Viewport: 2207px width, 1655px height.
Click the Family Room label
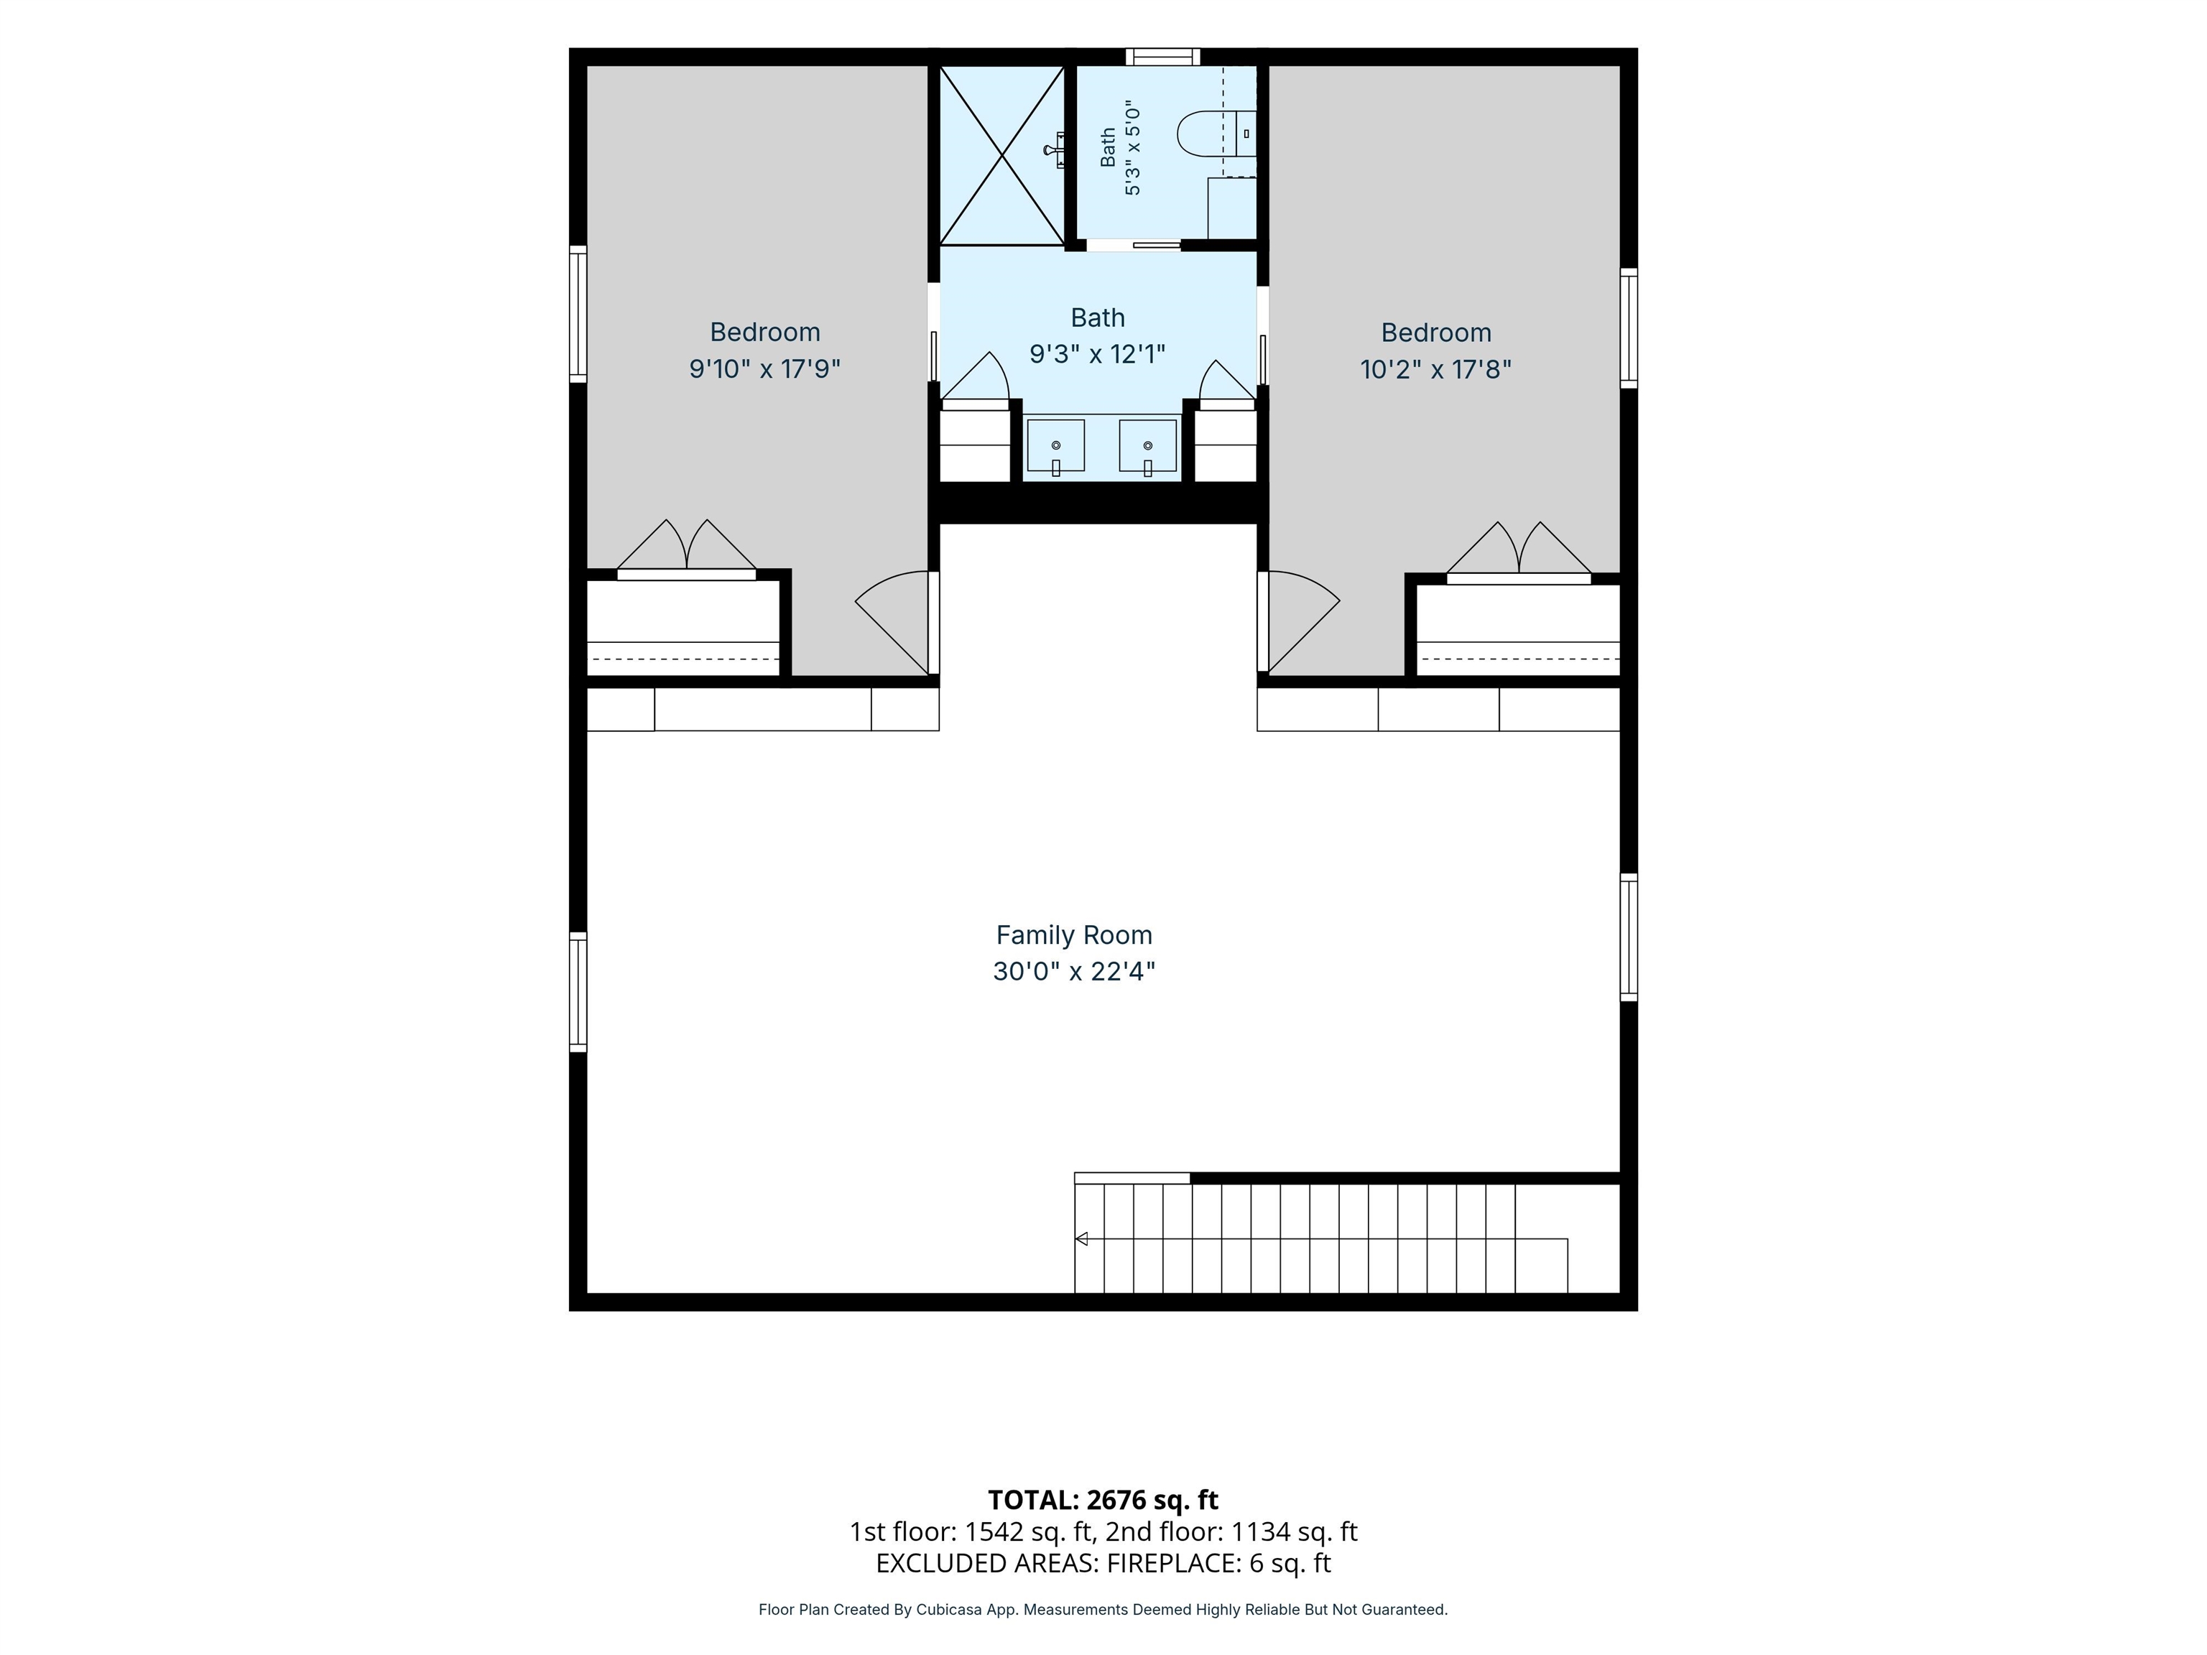coord(1073,935)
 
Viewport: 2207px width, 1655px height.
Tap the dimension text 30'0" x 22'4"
coord(1073,970)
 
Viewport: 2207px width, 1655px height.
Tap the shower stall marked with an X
coord(1001,154)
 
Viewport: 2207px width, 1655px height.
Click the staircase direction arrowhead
coord(1081,1239)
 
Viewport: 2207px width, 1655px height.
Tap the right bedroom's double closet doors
coord(1519,551)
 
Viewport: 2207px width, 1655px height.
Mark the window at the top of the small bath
coord(1162,56)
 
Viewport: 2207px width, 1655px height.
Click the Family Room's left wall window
coord(578,991)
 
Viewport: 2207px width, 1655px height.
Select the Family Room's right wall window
coord(1629,937)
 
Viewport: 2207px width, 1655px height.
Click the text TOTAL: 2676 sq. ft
coord(1103,1499)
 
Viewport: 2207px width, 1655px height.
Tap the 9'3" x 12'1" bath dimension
coord(1098,354)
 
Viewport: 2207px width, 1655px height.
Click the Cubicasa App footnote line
coord(1103,1609)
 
